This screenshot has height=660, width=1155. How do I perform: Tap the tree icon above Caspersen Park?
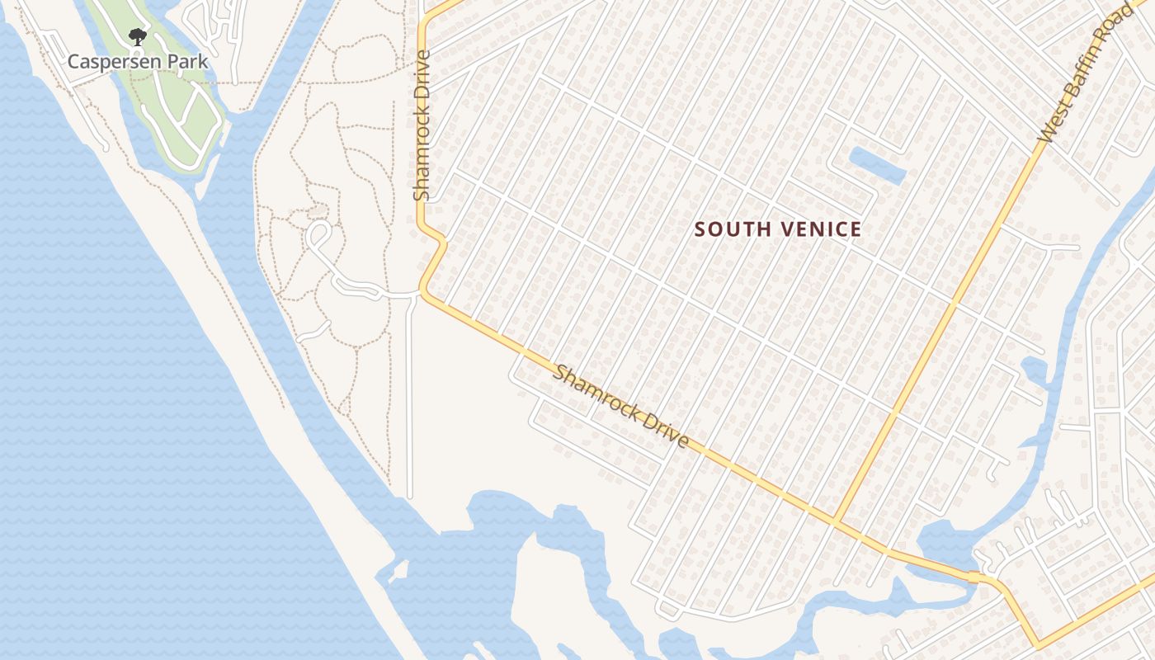tap(137, 37)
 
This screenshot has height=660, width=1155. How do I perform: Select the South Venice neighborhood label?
tap(778, 229)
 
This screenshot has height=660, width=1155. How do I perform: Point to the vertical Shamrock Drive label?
tap(422, 125)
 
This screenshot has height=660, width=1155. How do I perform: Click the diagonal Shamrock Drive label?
tap(620, 407)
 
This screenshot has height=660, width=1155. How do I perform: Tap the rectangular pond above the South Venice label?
tap(877, 165)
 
